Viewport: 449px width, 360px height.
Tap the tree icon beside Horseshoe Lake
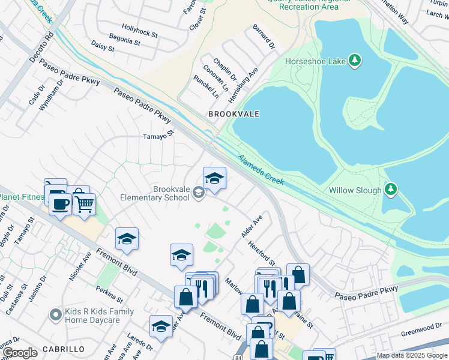355,60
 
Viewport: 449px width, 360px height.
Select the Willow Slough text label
355,190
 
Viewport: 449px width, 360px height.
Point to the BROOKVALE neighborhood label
234,113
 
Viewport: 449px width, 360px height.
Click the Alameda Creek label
261,170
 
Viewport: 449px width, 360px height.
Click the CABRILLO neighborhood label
63,349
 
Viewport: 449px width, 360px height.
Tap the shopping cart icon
84,204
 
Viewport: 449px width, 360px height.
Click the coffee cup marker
60,203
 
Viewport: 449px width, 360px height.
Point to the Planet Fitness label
22,197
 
